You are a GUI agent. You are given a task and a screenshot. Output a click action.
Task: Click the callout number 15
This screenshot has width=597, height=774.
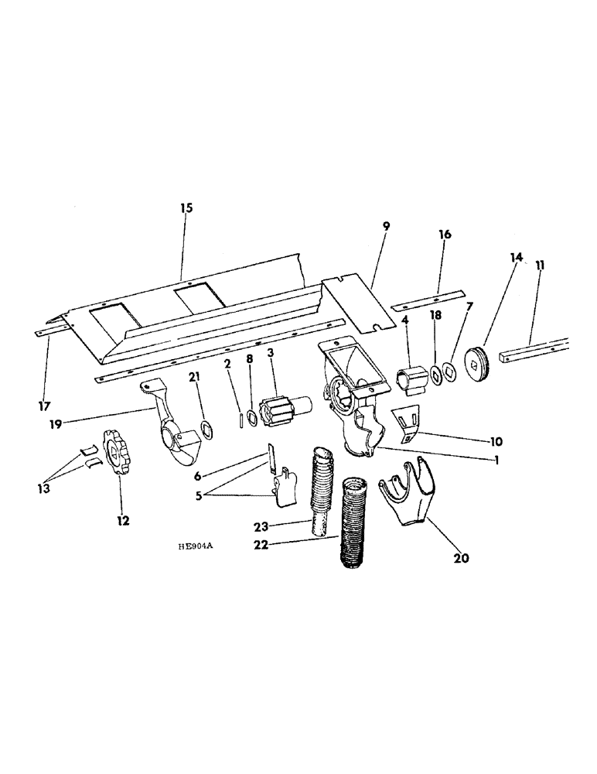(186, 208)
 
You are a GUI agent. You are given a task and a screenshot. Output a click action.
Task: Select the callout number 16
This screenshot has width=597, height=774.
(445, 234)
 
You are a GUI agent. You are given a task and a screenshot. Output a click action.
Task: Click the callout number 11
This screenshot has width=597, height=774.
(539, 265)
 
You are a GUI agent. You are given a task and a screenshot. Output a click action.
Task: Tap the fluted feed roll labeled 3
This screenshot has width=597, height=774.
(281, 408)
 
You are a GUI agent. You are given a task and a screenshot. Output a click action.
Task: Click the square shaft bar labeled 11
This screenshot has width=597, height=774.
(534, 351)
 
